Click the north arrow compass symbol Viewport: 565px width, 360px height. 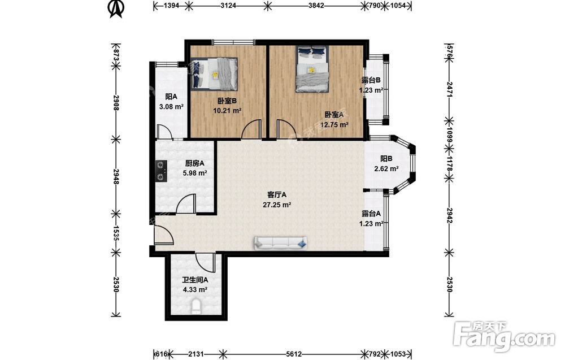116,8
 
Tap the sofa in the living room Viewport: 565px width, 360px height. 281,243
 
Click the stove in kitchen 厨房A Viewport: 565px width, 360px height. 161,171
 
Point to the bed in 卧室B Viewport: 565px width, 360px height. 214,74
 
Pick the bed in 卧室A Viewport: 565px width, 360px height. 312,69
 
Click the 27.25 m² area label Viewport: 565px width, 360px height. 277,205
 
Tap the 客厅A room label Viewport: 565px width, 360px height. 277,195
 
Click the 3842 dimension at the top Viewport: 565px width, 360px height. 316,6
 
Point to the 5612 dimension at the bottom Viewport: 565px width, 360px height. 294,354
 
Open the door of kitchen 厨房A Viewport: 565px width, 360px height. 186,204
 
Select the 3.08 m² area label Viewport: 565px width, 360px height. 172,107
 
